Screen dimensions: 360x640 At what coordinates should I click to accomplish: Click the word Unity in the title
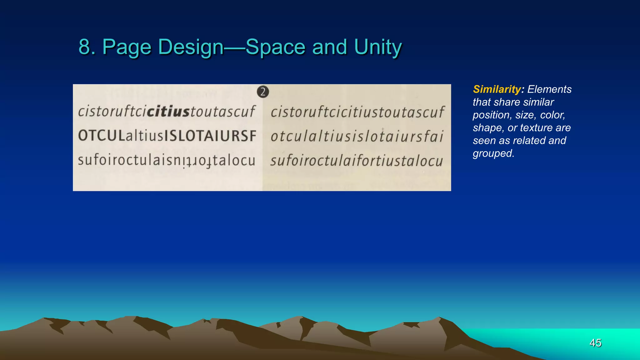point(378,47)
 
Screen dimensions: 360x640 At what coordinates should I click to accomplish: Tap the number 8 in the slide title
point(84,47)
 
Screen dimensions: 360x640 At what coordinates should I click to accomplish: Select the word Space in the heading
point(275,47)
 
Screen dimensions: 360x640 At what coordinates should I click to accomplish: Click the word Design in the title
point(191,47)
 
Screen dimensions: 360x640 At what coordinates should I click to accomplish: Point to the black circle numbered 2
point(263,92)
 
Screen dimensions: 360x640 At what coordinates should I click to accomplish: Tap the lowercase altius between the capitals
point(145,136)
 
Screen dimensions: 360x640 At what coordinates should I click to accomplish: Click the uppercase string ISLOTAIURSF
point(210,136)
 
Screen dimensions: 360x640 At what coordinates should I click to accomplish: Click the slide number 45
point(595,343)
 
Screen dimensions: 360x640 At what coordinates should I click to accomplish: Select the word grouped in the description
point(493,153)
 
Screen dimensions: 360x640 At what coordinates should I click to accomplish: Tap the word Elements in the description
point(549,89)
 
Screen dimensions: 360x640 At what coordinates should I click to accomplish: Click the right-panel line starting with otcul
point(357,137)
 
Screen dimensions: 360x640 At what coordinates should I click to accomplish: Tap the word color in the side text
point(552,115)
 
